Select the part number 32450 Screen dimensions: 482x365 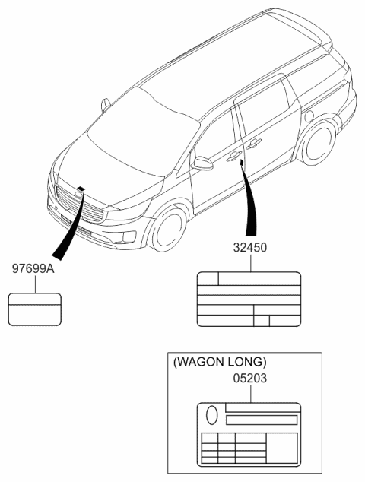coord(249,248)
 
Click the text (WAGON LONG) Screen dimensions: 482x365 coord(221,362)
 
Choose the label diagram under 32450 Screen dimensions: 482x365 coord(249,300)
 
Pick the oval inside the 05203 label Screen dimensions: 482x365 coord(212,415)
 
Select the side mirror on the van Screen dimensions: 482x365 coord(203,163)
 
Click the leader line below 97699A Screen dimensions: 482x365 coord(34,284)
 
